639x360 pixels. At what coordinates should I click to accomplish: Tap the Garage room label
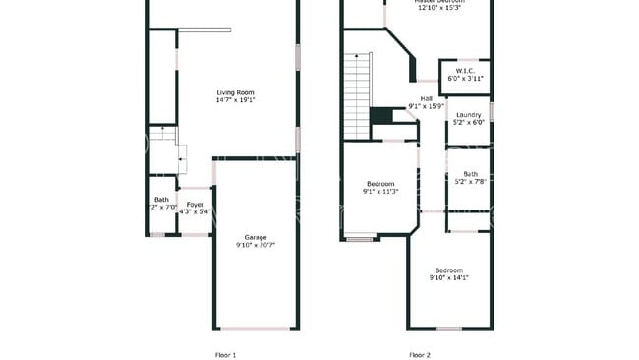click(256, 237)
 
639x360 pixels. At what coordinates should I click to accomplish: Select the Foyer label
click(196, 205)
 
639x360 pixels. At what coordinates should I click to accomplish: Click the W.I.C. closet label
click(465, 71)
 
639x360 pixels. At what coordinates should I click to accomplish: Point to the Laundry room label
click(468, 115)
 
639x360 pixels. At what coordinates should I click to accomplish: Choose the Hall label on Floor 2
click(426, 98)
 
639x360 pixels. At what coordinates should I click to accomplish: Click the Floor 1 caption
click(225, 354)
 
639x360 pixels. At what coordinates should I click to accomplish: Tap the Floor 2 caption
click(420, 354)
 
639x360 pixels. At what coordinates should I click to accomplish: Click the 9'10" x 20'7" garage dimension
click(256, 245)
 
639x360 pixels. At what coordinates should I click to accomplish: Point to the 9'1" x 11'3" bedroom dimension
click(381, 192)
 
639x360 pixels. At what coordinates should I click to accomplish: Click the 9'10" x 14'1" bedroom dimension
click(449, 278)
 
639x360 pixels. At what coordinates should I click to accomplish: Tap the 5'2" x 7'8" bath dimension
click(471, 182)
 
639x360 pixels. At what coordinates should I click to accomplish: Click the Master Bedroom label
click(438, 2)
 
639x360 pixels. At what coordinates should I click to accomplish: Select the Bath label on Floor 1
click(161, 200)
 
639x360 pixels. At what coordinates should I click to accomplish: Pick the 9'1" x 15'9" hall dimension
click(427, 106)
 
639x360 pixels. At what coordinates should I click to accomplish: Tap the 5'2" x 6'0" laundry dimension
click(468, 123)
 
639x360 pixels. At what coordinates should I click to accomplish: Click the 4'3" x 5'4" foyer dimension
click(196, 211)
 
